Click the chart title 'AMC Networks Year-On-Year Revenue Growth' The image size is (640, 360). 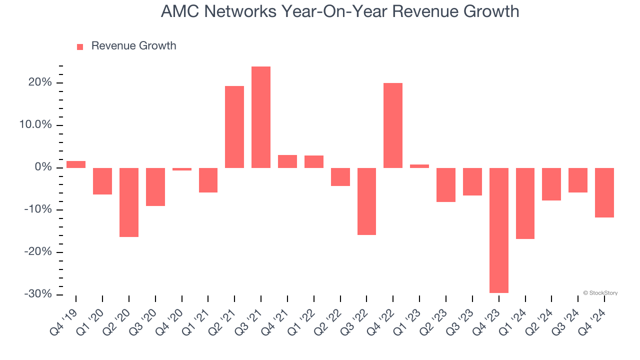point(339,11)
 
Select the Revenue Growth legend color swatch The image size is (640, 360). point(80,46)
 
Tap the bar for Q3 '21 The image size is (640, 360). point(261,117)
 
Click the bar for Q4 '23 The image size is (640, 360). point(499,230)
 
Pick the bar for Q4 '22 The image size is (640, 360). point(393,125)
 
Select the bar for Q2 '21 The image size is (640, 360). point(234,127)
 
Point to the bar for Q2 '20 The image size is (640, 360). point(129,202)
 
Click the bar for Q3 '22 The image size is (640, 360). point(366,201)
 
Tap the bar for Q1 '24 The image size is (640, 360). point(525,203)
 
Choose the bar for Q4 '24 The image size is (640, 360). point(604,192)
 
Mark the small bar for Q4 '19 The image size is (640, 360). point(76,164)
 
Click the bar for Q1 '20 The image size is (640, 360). point(102,181)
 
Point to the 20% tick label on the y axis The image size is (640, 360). point(40,82)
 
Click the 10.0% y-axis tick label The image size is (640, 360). point(36,125)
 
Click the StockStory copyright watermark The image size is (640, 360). point(600,293)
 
